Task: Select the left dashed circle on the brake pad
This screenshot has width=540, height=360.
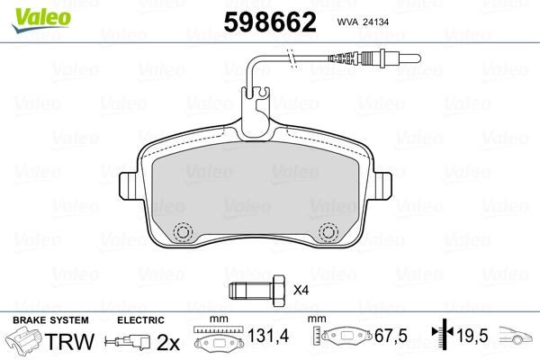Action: pos(184,232)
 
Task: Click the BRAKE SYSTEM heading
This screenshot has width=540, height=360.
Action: pos(50,320)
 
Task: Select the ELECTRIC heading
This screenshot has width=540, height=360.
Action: pos(140,320)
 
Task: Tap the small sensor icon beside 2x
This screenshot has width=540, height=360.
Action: pos(129,343)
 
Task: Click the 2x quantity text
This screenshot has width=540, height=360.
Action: pos(168,342)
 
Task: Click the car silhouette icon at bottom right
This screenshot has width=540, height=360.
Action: pos(517,339)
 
